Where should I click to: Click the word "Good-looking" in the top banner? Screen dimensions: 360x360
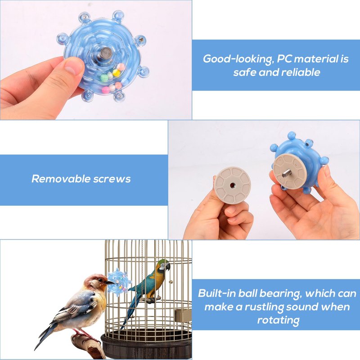pos(238,59)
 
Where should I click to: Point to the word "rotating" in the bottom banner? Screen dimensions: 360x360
pos(278,320)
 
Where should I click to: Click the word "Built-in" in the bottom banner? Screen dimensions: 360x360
pos(217,293)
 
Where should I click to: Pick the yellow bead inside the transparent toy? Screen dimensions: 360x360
pos(117,73)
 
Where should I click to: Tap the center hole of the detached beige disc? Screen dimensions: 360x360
pos(232,185)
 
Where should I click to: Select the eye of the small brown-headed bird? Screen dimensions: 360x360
pos(100,280)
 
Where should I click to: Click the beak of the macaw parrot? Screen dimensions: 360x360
pos(168,266)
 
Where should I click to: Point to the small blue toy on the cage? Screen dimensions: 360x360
pos(119,282)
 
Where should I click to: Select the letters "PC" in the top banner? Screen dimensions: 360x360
pos(285,59)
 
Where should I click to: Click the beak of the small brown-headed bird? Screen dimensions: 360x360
pos(110,282)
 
